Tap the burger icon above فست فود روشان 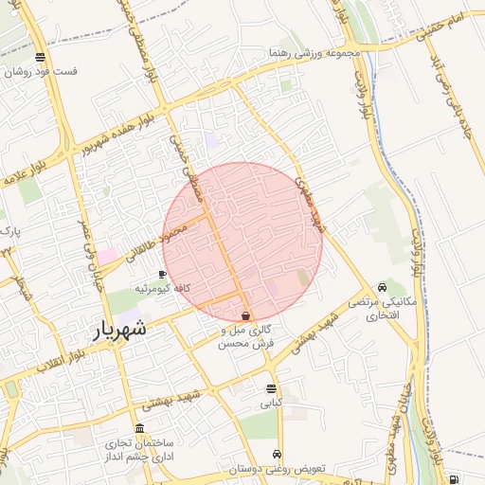40,57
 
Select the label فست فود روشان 40,71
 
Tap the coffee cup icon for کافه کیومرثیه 163,274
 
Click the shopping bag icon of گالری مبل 246,316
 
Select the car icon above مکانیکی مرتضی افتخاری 382,287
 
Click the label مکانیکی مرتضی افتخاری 383,307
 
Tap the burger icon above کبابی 272,389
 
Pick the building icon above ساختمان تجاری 140,427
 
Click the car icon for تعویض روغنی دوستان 277,455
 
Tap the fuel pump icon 455,479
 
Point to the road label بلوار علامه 21,181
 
